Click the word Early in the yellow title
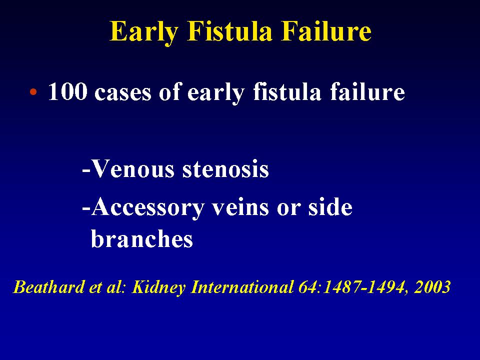(x=144, y=32)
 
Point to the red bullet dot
(x=33, y=91)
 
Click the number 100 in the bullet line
(x=67, y=91)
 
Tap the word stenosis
(x=225, y=170)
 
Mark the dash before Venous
(x=86, y=172)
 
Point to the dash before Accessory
(x=86, y=210)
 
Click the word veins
(x=241, y=207)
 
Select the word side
(x=330, y=207)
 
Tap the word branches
(x=142, y=238)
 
